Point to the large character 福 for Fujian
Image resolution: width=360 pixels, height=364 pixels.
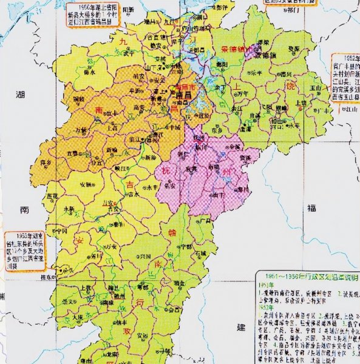[311, 208]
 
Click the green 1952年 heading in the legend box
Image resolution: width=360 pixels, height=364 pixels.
[264, 308]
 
